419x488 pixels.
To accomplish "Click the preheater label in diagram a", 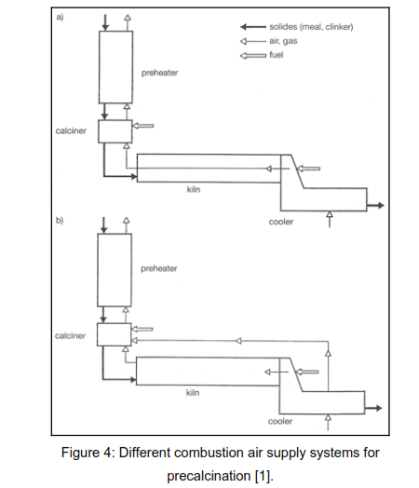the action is tap(159, 73).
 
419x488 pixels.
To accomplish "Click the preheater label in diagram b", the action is tap(159, 268).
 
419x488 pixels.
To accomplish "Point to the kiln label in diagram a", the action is tap(194, 189).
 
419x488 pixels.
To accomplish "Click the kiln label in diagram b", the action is tap(193, 392).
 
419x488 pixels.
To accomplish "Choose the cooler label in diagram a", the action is tap(281, 222).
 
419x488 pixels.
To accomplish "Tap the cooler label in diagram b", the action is tap(280, 421).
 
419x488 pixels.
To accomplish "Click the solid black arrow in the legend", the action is tap(253, 27).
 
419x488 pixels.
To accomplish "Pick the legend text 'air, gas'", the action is tap(283, 41).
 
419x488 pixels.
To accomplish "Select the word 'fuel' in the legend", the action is tap(277, 55).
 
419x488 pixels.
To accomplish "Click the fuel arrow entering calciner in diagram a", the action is tap(142, 126).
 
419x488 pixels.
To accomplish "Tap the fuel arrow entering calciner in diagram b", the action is tap(142, 329).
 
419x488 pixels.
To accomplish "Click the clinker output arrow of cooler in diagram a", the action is tap(375, 206).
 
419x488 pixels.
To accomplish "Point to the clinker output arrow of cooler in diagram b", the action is tap(373, 408).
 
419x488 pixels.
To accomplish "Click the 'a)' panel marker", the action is tap(60, 17).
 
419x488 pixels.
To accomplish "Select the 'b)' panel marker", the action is tap(60, 221).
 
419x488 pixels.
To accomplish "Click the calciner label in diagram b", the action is tap(71, 335).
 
